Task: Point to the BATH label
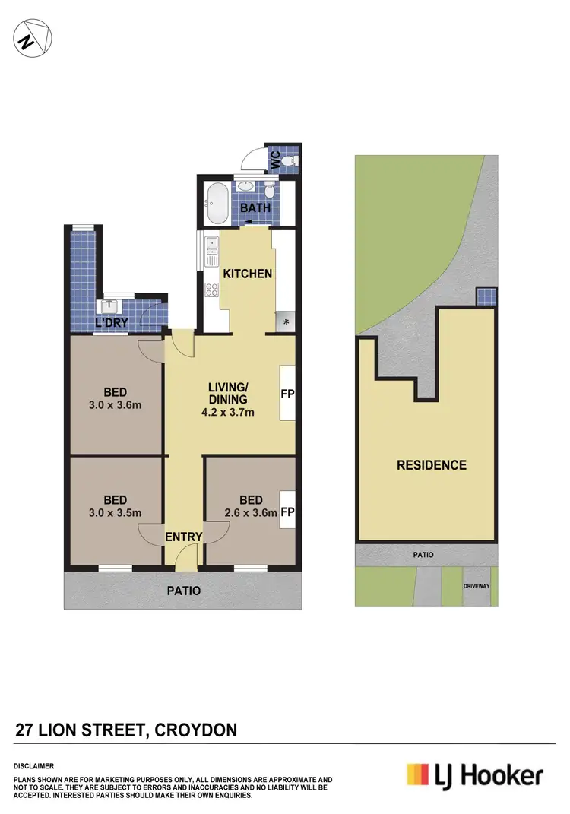click(252, 208)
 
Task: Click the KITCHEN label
click(247, 274)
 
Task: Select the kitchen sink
click(212, 246)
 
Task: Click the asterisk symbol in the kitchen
click(286, 322)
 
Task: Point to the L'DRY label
click(110, 324)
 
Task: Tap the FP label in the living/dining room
click(287, 395)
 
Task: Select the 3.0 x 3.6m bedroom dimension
click(116, 405)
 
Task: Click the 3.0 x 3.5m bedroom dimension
click(116, 512)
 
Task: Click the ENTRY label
click(184, 537)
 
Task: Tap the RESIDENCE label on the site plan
click(431, 465)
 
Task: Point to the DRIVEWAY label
click(480, 586)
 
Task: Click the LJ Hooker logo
click(474, 775)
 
